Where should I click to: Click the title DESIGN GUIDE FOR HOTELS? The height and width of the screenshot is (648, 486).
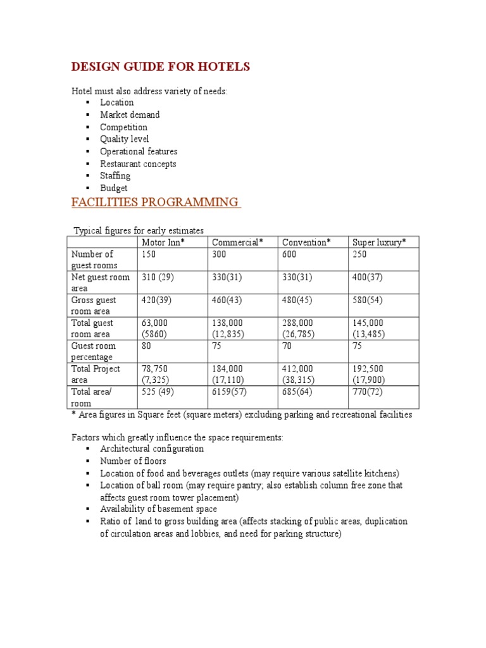[x=160, y=66]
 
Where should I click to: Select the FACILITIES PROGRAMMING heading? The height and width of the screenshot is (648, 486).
[x=155, y=202]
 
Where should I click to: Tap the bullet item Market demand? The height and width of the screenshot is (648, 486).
[x=130, y=115]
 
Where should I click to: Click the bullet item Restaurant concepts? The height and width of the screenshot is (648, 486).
[x=138, y=164]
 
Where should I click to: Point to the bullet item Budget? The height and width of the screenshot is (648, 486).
[x=113, y=188]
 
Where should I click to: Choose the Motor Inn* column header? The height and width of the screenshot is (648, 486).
[x=163, y=242]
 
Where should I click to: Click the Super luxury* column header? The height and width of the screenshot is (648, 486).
[x=379, y=242]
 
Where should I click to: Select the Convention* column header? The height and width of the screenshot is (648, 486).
[x=306, y=242]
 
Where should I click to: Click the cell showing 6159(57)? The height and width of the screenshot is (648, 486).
[x=231, y=392]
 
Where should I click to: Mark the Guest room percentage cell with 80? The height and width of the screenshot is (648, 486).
[x=147, y=346]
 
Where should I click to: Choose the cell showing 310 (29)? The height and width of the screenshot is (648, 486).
[x=159, y=277]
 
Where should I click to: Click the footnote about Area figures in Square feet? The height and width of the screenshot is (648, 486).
[x=241, y=415]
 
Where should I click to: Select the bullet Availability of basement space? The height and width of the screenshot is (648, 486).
[x=158, y=509]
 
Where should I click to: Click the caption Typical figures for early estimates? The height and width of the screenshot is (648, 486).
[x=139, y=230]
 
